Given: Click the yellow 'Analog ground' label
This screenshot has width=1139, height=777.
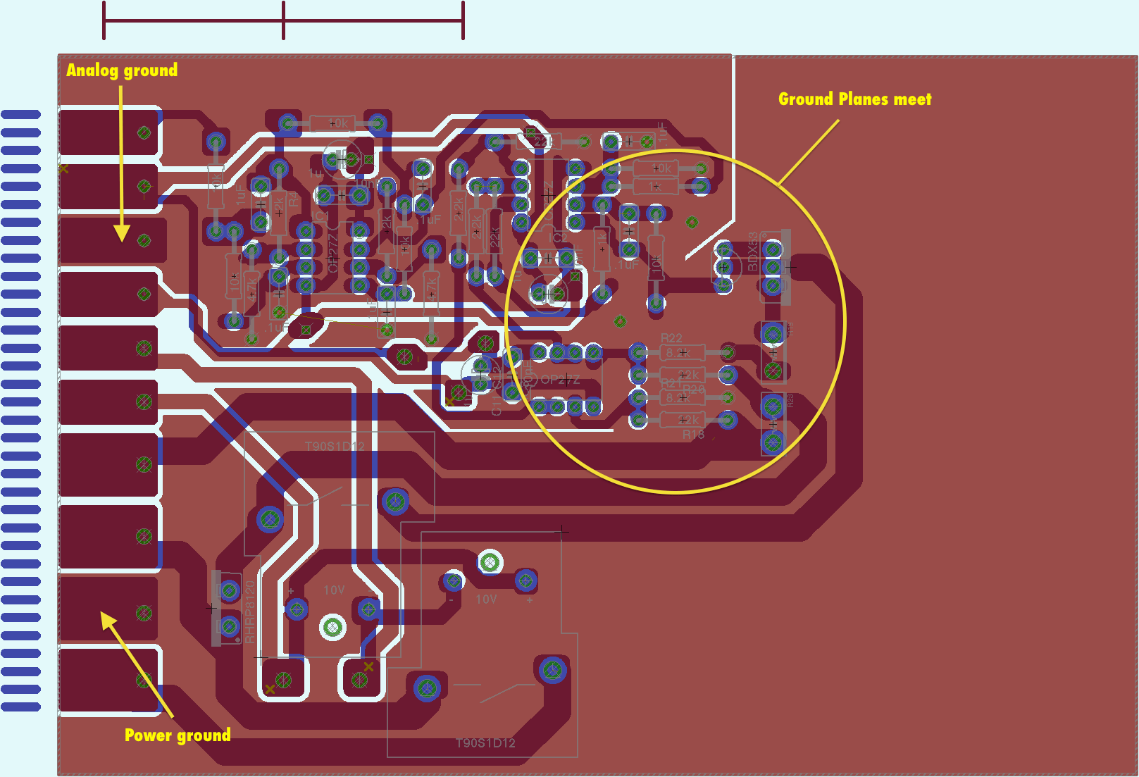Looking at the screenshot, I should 122,70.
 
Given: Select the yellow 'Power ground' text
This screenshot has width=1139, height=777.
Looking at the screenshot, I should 178,735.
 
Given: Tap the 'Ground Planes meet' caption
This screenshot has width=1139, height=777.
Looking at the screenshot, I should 854,99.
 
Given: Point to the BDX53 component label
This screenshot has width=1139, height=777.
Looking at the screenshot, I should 753,251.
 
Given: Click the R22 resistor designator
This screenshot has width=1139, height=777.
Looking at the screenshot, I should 671,338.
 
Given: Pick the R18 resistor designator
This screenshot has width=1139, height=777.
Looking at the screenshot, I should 693,435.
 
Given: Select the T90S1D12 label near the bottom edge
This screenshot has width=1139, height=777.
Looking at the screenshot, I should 485,742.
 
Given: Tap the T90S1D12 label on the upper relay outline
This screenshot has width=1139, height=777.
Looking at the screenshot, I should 335,446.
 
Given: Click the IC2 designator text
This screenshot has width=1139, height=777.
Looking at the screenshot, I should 557,238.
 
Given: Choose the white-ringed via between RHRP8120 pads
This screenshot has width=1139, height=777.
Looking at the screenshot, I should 332,626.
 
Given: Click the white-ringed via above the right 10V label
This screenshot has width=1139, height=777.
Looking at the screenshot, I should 490,562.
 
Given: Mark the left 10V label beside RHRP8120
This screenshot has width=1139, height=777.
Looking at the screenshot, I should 334,590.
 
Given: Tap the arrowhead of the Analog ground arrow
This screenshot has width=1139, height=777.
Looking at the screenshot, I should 122,233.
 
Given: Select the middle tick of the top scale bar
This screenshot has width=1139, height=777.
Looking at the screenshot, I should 283,20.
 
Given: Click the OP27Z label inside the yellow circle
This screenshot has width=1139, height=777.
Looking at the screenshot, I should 560,380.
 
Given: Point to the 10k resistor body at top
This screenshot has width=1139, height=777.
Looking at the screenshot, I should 332,123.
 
